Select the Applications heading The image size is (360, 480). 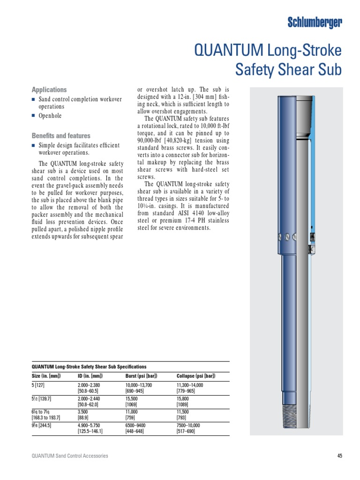(x=49, y=90)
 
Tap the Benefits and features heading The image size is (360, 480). (x=60, y=136)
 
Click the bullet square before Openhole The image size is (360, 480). (x=33, y=116)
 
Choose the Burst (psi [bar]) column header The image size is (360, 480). (x=141, y=376)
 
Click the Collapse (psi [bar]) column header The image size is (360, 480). (x=195, y=376)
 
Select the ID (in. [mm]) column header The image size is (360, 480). (x=90, y=376)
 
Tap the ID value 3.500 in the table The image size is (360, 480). (x=84, y=411)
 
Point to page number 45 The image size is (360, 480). (x=340, y=456)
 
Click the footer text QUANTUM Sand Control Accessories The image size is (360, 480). (x=69, y=456)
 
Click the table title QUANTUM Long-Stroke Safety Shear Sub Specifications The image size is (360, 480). (x=89, y=367)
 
